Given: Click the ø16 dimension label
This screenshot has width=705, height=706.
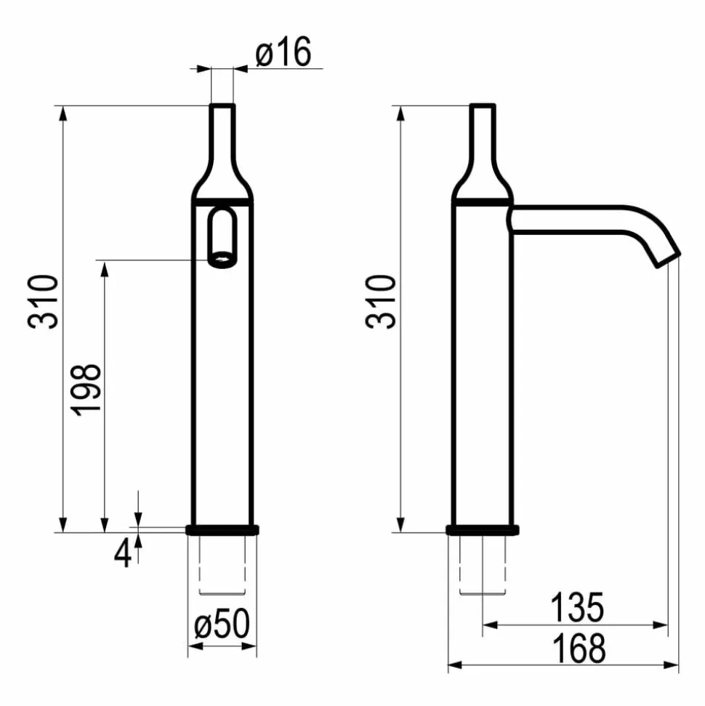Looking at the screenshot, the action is [x=283, y=52].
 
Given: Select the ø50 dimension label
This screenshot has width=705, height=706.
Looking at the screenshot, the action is [x=222, y=623].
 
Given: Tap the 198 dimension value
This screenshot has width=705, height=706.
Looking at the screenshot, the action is [x=86, y=389].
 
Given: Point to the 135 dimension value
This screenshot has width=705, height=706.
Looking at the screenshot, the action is [x=577, y=607].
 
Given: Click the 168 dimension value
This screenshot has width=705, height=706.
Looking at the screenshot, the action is [x=579, y=649].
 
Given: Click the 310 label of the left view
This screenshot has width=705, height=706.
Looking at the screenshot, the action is [x=43, y=301].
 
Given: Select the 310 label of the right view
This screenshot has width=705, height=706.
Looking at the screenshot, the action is [x=381, y=301].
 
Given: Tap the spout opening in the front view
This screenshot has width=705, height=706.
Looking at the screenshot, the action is [x=222, y=260].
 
